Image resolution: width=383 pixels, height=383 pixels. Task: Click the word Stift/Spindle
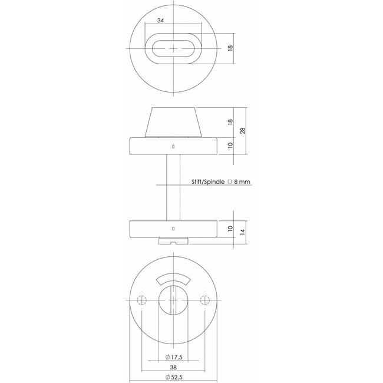208,183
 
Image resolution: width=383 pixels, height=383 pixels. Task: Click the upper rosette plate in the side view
173,145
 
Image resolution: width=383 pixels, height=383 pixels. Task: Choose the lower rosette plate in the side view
173,227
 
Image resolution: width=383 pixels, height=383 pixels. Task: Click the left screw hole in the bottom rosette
141,301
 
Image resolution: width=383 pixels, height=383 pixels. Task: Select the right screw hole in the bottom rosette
204,301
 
